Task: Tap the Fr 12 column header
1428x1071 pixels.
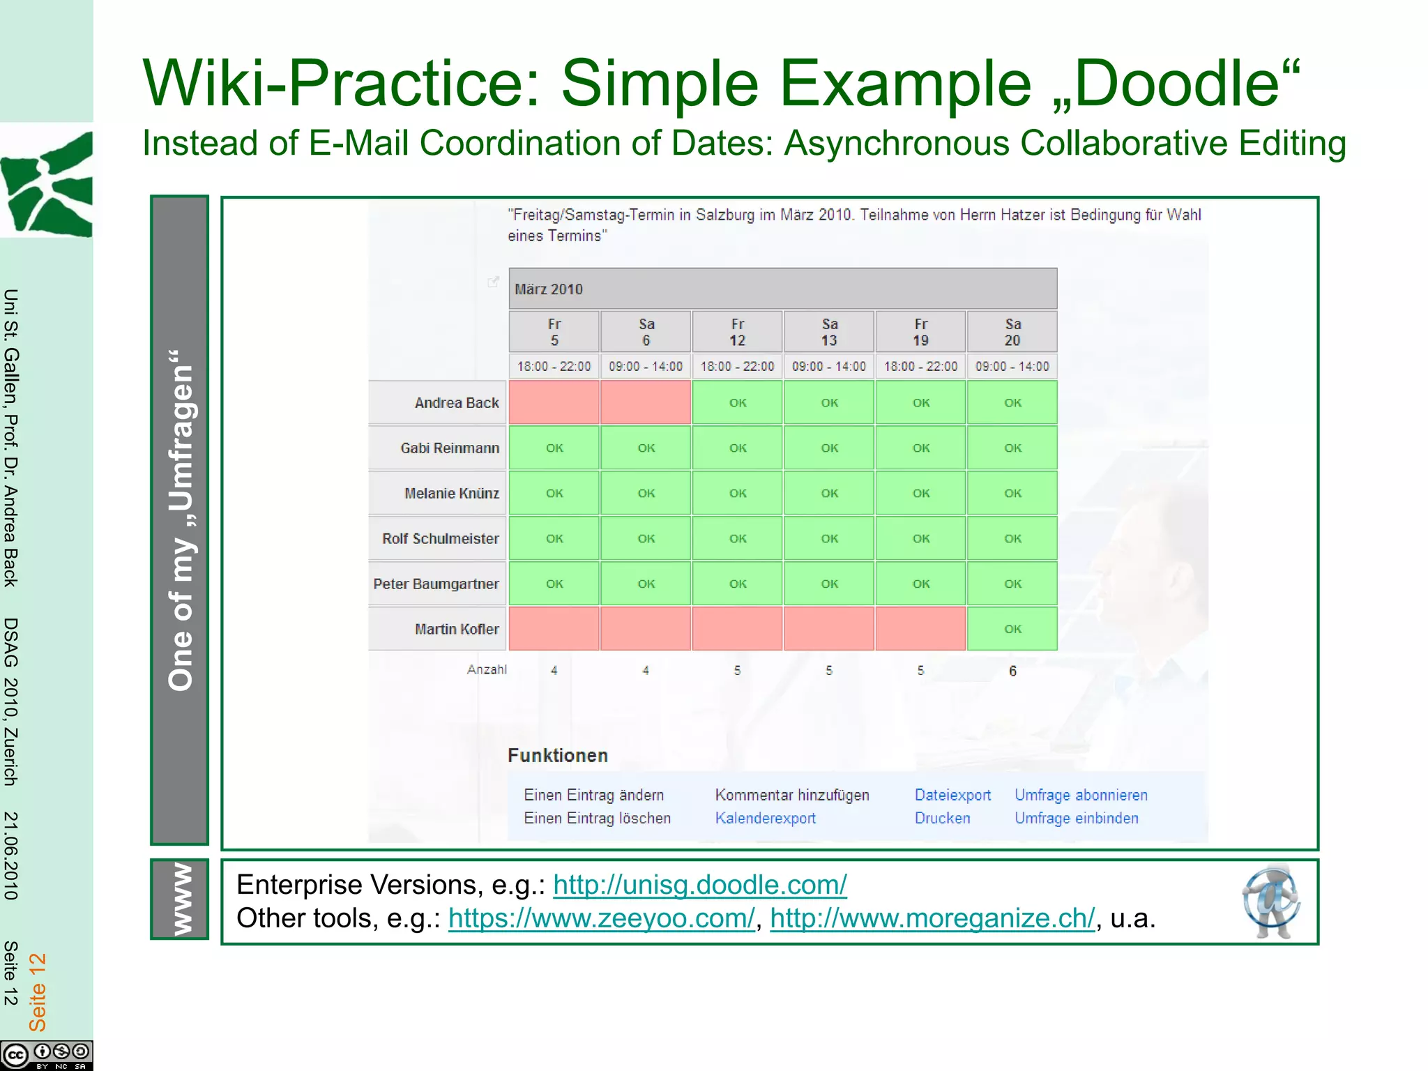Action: (x=737, y=332)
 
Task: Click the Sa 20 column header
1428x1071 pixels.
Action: (x=1012, y=332)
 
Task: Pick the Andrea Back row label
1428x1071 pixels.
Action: (x=457, y=403)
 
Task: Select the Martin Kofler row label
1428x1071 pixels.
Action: (x=457, y=629)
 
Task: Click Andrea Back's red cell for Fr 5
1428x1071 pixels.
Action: (x=554, y=402)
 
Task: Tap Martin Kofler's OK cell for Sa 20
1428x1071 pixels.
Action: (x=1012, y=629)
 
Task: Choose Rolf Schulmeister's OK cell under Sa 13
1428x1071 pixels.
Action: (x=829, y=538)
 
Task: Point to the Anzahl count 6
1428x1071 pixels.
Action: (x=1012, y=671)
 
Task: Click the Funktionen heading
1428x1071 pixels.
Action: (x=557, y=755)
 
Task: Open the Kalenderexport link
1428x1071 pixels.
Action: (x=765, y=818)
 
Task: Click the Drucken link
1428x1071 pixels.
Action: (x=942, y=818)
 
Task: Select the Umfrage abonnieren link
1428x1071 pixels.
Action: (x=1081, y=795)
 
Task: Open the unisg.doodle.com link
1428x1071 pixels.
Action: (x=699, y=885)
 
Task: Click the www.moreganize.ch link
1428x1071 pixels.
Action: (x=932, y=918)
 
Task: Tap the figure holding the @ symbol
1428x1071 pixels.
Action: (x=1270, y=902)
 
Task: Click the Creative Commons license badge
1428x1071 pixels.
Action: (x=46, y=1055)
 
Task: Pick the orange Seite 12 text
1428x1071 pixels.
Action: (x=37, y=992)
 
